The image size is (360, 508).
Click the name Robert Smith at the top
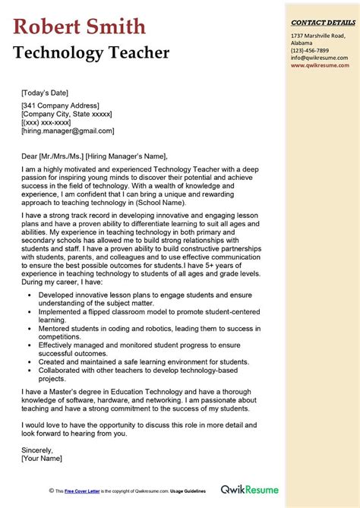point(79,27)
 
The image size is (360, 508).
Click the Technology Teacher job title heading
point(91,53)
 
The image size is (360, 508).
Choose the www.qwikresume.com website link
point(319,65)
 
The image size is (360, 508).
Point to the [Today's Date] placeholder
point(49,93)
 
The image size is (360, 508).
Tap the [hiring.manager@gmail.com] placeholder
point(68,131)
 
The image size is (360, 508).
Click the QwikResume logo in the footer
point(251,491)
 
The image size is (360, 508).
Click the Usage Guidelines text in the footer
point(188,492)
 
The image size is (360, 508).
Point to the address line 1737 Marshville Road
point(317,36)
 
